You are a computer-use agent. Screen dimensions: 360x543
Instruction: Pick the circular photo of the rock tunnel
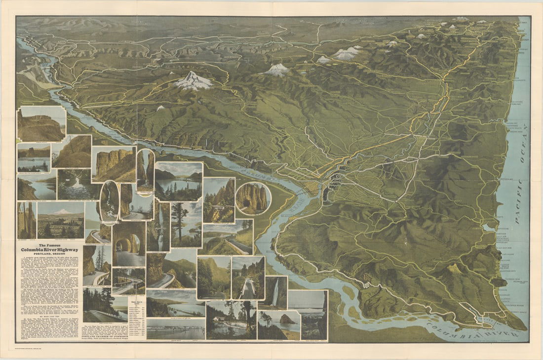pos(252,199)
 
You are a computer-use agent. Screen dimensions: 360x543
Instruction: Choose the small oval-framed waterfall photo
pos(109,200)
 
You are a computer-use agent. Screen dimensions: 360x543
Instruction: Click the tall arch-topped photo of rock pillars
pos(146,171)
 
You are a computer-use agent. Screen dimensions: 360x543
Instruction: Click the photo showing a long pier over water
pos(176,328)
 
